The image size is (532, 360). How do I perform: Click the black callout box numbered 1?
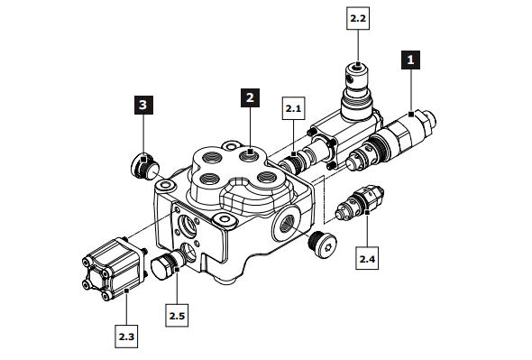pos(410,60)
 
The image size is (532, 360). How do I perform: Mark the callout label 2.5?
pos(178,316)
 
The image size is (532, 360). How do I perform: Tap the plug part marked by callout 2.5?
pos(165,267)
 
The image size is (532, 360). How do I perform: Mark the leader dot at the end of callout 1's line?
pos(410,113)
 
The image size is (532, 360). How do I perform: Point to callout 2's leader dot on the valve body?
pos(250,152)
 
